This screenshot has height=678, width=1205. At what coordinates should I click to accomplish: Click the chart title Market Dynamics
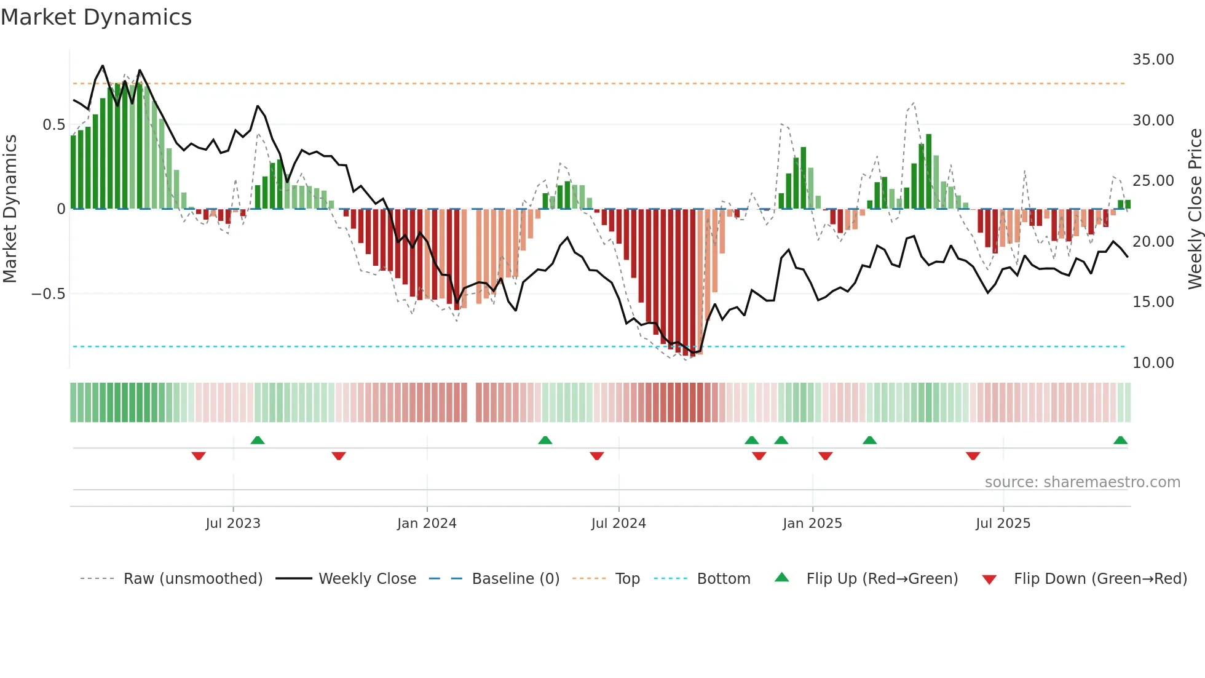[x=96, y=17]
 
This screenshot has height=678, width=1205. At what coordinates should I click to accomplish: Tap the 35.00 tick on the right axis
[x=1153, y=60]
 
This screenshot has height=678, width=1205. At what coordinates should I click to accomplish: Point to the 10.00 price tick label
[x=1153, y=363]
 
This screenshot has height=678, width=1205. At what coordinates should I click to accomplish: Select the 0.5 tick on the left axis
[x=53, y=125]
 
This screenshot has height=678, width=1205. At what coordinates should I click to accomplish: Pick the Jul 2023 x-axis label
[x=233, y=524]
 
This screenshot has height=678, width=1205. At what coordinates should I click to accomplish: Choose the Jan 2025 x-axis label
[x=812, y=524]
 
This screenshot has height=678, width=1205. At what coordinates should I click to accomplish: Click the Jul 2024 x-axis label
[x=618, y=524]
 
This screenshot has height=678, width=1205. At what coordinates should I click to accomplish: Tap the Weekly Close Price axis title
[x=1195, y=209]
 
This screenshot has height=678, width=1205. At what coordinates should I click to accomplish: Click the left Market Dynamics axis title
[x=10, y=209]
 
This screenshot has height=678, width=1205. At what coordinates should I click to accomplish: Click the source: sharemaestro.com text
[x=1082, y=482]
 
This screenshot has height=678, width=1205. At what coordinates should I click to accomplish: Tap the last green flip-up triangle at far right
[x=1120, y=441]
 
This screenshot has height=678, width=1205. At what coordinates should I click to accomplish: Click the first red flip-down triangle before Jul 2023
[x=199, y=456]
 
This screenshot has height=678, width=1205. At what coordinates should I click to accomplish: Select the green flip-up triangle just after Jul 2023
[x=258, y=441]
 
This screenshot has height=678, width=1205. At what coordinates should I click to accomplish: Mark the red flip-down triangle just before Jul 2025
[x=973, y=456]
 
